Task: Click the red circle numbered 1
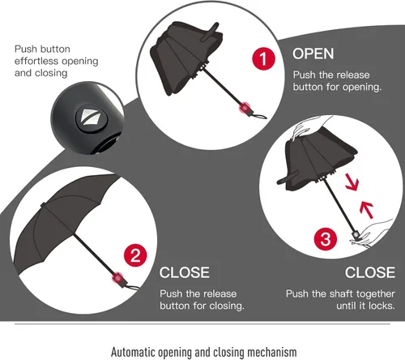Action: (264, 58)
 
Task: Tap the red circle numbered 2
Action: (135, 255)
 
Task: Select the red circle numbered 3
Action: (326, 239)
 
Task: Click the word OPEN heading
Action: (313, 54)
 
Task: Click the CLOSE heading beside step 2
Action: (185, 272)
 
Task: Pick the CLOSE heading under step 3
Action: (370, 272)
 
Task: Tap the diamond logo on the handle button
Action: (91, 119)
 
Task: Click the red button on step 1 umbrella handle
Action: (245, 108)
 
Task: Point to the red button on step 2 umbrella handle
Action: (117, 278)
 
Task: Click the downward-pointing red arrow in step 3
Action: (352, 182)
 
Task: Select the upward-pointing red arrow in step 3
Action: (367, 210)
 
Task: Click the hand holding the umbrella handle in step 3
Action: (371, 234)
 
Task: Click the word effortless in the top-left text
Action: (36, 61)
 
